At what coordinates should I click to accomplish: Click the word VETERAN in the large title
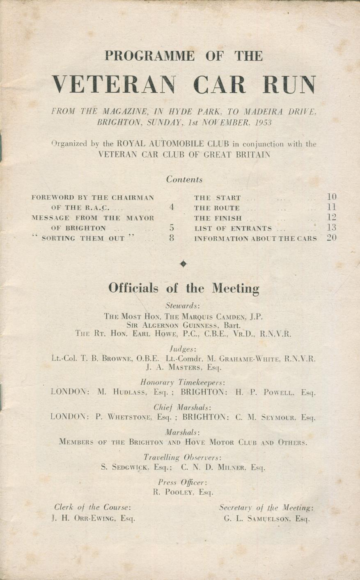(115, 84)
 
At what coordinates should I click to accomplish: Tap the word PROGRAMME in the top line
(149, 56)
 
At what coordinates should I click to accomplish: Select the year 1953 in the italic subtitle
(263, 122)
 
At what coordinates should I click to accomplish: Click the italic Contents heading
(184, 180)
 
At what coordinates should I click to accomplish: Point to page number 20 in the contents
(332, 238)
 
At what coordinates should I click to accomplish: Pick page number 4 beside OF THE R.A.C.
(172, 208)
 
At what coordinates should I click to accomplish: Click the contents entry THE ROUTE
(217, 208)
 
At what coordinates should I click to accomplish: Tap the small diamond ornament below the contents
(183, 264)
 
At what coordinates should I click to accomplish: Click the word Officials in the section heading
(133, 288)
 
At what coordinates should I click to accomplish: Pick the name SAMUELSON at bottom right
(270, 518)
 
